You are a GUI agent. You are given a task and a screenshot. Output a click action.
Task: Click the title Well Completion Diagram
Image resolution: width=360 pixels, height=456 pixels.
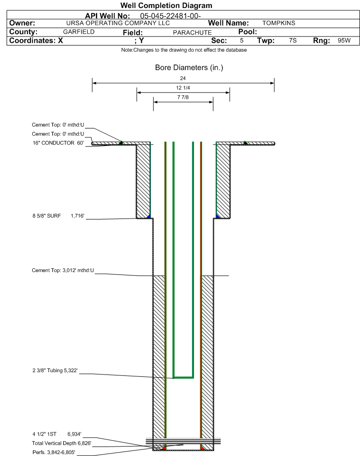pos(166,6)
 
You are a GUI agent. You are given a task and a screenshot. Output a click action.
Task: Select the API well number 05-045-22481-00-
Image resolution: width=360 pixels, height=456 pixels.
pos(170,16)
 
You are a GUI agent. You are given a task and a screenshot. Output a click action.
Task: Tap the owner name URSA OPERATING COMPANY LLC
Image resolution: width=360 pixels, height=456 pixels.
pos(118,23)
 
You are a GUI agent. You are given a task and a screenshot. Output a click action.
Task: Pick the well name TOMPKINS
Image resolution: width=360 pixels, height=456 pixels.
pos(278,23)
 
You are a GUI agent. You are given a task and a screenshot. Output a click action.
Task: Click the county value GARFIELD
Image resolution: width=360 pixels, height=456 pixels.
pos(79,32)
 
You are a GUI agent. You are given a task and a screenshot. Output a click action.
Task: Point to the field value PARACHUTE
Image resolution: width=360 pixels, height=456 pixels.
pos(192,33)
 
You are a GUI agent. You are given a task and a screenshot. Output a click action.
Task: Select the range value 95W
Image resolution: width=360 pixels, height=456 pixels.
pos(344,40)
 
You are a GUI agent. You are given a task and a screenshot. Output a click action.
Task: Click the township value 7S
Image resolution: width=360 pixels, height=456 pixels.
pos(293,40)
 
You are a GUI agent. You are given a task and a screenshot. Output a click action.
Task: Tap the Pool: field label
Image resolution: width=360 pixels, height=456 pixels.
pos(248,32)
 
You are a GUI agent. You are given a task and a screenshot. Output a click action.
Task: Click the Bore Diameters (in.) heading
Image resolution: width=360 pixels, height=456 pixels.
pos(189,67)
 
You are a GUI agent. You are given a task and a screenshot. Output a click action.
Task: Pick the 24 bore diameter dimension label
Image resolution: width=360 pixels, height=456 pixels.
pos(183,78)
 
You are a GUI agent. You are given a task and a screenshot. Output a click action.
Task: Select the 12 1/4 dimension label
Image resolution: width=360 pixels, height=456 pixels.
pos(183,88)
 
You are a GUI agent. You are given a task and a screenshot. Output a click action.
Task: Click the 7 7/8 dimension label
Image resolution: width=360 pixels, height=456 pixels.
pos(183,97)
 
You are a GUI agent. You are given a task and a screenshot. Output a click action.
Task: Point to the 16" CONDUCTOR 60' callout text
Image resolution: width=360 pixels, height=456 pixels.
pos(58,143)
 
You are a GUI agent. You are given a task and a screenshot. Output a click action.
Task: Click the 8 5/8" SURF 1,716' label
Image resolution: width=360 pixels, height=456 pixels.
pos(58,216)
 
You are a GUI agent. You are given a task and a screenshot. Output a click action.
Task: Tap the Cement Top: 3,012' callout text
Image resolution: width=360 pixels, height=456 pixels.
pos(63,270)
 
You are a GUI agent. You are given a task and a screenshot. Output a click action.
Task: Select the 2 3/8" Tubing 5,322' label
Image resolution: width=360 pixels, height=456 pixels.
pos(55,370)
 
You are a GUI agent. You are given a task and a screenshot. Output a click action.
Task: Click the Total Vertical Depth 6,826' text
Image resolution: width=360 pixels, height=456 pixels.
pos(62,443)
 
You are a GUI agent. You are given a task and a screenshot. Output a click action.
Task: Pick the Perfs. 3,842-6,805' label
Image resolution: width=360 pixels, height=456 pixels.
pos(54,452)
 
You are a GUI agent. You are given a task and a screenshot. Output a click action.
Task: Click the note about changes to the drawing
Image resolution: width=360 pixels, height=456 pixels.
pos(184,50)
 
